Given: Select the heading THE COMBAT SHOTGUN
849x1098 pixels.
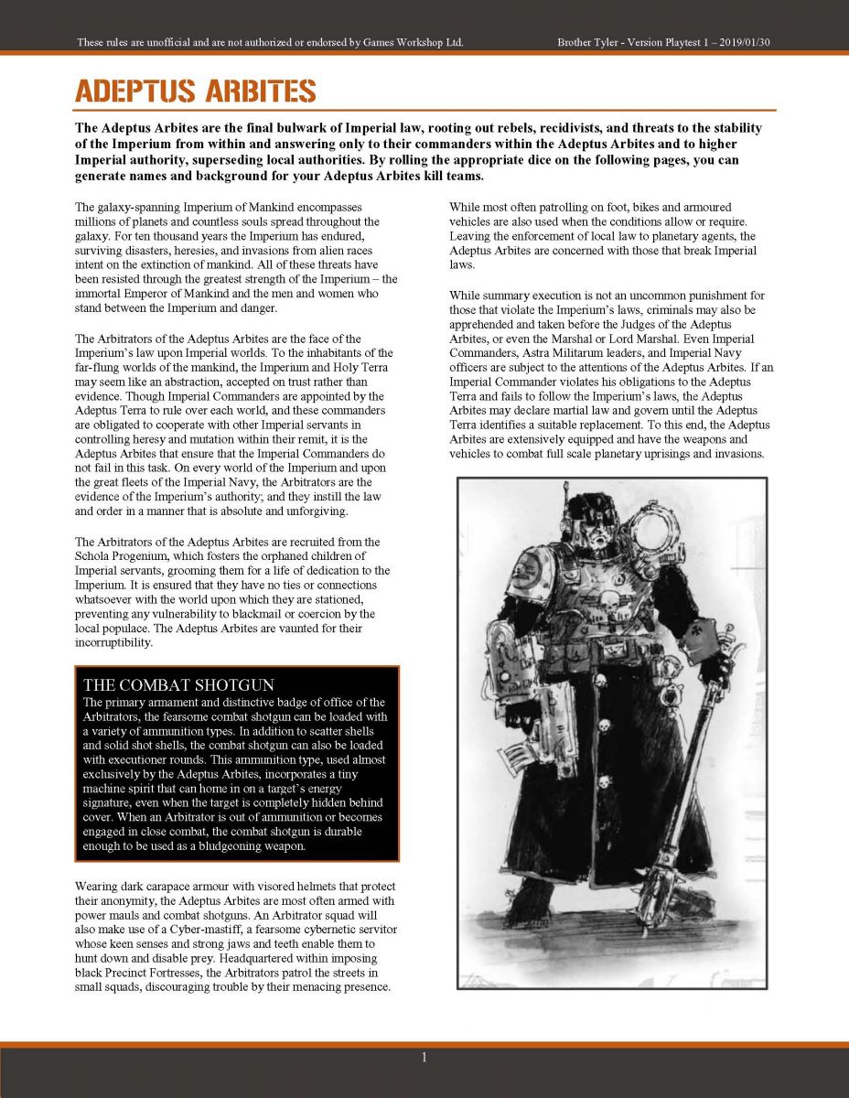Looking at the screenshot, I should click(178, 684).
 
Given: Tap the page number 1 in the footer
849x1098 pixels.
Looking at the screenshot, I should click(424, 1058).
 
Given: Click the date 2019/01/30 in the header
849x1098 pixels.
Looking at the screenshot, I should click(747, 43).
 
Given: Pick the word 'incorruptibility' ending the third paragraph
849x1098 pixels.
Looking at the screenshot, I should click(114, 643).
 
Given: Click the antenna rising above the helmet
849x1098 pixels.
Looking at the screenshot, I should click(567, 499).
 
